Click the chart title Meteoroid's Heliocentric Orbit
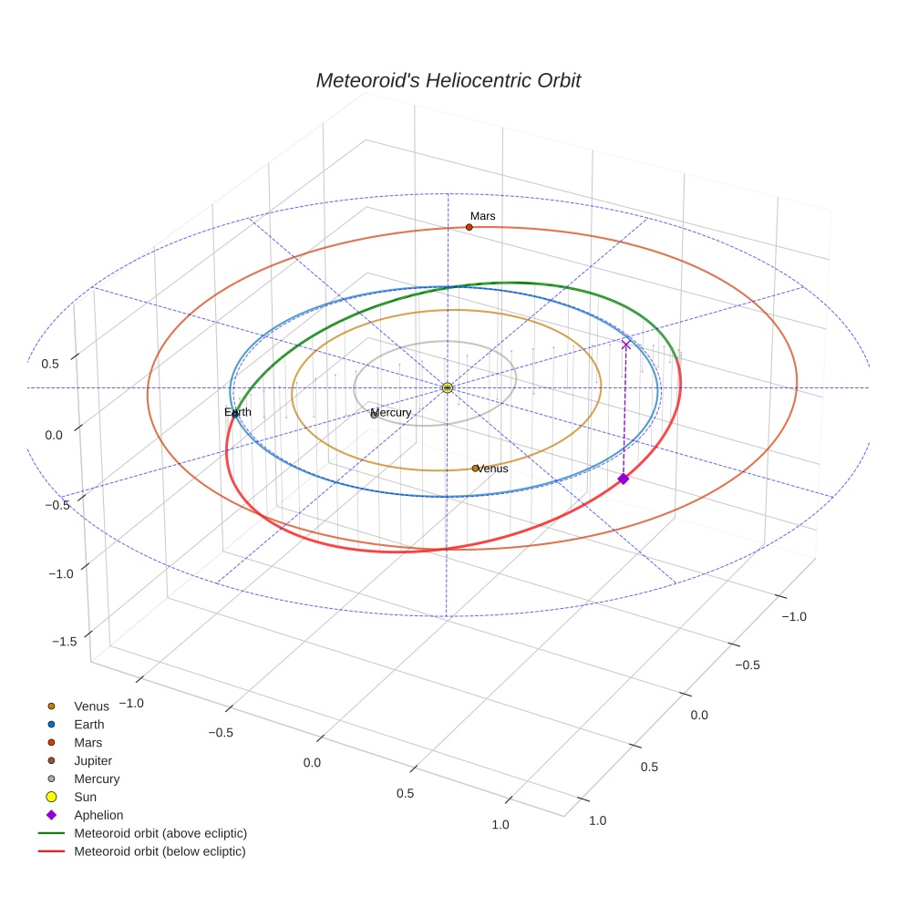tap(448, 80)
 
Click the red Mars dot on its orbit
tap(469, 227)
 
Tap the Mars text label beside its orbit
tap(483, 216)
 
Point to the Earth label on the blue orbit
tap(237, 412)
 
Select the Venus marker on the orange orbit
tap(475, 469)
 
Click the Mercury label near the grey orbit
tap(391, 412)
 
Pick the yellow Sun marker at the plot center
tap(448, 387)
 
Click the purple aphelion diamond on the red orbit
tap(623, 479)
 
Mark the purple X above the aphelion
tap(626, 345)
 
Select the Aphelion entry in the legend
tap(86, 815)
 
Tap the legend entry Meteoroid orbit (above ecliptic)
tap(143, 833)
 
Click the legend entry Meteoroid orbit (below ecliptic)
tap(142, 851)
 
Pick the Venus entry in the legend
tap(78, 706)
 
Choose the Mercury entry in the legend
tap(84, 779)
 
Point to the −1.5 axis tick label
tap(64, 641)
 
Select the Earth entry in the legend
tap(76, 725)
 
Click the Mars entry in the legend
tap(75, 743)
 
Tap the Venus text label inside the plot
tap(492, 469)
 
